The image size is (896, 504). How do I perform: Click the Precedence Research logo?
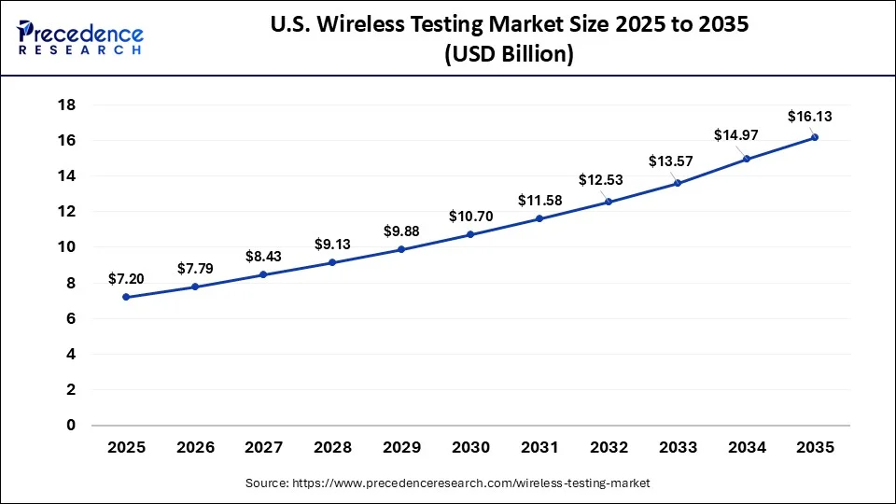click(80, 37)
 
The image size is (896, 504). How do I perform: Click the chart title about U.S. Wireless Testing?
click(509, 38)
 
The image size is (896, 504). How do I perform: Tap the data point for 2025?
click(126, 297)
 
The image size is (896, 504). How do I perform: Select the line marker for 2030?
click(470, 234)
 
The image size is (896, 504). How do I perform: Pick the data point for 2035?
click(815, 137)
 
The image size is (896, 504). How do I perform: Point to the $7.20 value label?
click(126, 278)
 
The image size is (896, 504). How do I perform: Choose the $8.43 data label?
click(263, 256)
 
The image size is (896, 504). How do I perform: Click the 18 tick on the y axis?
click(66, 105)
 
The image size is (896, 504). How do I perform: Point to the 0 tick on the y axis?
click(70, 426)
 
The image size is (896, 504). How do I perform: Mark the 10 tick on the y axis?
click(66, 247)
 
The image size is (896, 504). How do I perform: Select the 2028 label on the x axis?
click(332, 448)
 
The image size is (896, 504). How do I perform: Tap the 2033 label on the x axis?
click(677, 448)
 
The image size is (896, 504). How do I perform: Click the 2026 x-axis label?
click(194, 448)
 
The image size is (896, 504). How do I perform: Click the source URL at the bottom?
click(448, 483)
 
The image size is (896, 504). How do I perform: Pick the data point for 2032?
click(609, 202)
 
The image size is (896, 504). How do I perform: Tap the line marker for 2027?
click(263, 274)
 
